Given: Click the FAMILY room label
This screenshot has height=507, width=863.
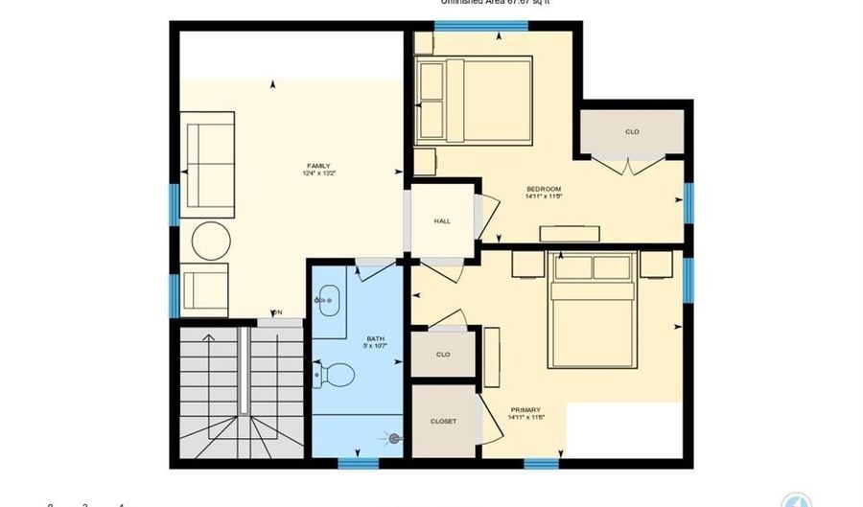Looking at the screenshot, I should tap(318, 166).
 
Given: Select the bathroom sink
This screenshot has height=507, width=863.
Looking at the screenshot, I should tap(327, 301).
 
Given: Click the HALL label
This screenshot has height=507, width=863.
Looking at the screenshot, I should tap(442, 221).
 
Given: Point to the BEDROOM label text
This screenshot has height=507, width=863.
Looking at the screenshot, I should tap(543, 189).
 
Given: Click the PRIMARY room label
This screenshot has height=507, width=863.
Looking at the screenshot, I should tap(525, 410).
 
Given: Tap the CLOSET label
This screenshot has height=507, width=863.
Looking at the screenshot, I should tap(443, 421).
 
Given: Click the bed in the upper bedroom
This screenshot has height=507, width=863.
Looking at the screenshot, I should tap(474, 101).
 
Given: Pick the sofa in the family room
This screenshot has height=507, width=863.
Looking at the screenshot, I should tap(208, 164).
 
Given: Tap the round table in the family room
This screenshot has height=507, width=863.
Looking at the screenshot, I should tap(211, 240).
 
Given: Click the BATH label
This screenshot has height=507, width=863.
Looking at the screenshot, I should tap(375, 338).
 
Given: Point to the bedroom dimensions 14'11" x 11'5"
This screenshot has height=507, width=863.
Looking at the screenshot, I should tap(543, 196).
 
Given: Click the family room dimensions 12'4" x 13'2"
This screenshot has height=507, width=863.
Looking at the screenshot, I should tap(318, 173).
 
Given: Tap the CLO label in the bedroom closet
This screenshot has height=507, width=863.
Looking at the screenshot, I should tap(632, 131).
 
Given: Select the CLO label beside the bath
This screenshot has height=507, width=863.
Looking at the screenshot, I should tap(443, 355).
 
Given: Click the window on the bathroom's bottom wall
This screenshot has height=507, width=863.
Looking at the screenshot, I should tap(358, 463).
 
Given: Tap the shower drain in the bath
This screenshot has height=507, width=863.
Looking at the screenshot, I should tap(394, 439).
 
